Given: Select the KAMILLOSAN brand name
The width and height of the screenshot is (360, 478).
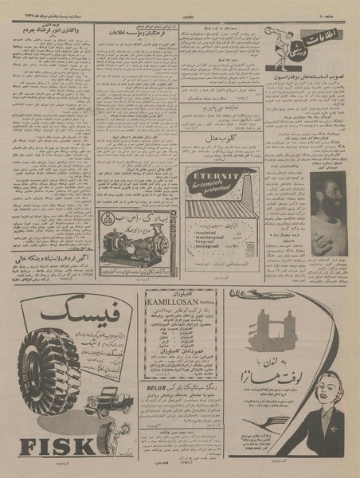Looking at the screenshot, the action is (x=178, y=304).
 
